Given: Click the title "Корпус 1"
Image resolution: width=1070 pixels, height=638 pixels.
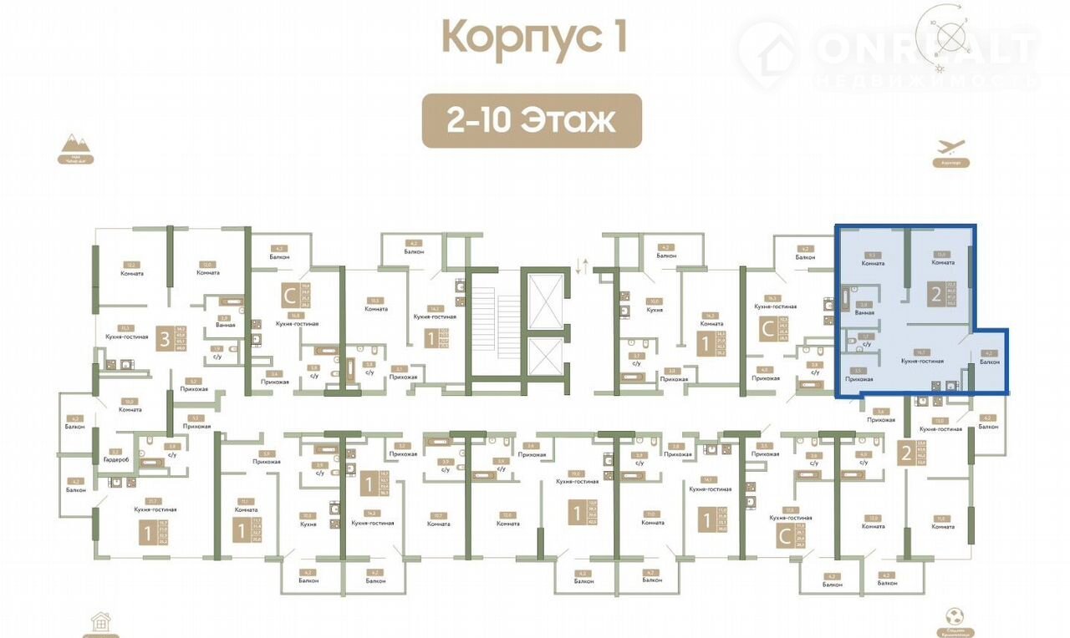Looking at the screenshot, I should (534, 38).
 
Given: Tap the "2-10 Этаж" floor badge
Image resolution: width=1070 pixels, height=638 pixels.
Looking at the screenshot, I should (532, 121).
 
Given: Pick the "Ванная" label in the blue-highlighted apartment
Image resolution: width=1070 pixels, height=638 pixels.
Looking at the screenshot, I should (865, 312).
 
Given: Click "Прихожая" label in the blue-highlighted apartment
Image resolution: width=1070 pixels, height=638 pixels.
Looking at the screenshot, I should (859, 379).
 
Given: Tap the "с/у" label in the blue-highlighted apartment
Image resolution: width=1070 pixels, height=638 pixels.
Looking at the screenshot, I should (866, 343).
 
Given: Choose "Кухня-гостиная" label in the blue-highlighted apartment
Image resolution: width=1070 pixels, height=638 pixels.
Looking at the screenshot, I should (921, 361).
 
